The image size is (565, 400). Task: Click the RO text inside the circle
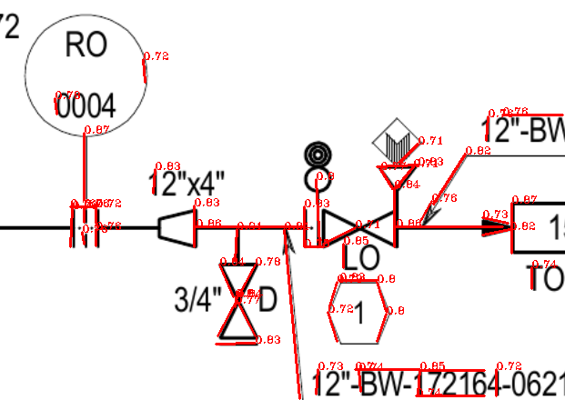click(86, 45)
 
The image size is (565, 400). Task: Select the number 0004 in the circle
click(86, 107)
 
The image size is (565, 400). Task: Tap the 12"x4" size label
click(186, 184)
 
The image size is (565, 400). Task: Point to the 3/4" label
click(194, 299)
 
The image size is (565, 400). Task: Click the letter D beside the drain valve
click(267, 299)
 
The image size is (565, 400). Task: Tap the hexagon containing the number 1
click(359, 312)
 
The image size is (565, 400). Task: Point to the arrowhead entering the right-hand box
click(499, 227)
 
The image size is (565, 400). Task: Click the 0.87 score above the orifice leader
click(96, 129)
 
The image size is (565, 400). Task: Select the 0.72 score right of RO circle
click(156, 56)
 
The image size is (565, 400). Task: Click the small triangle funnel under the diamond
click(395, 175)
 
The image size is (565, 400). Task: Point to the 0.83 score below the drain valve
click(267, 340)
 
